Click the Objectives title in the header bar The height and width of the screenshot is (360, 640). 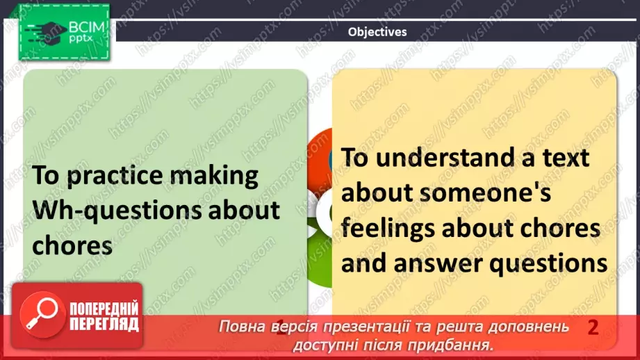tap(377, 32)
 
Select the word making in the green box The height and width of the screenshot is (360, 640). tap(213, 176)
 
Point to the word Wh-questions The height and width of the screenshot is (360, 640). tap(117, 211)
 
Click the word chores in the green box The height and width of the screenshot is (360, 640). tap(72, 246)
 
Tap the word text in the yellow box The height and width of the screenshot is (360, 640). tap(566, 158)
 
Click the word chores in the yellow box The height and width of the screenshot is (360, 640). tap(560, 228)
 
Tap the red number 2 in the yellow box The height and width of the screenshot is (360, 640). tap(593, 327)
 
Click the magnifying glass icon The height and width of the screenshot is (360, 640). tap(42, 314)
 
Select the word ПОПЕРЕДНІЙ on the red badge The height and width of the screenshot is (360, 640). tap(104, 309)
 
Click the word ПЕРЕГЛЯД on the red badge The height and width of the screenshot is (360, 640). tap(104, 324)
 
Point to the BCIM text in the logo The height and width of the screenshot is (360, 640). tap(87, 27)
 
